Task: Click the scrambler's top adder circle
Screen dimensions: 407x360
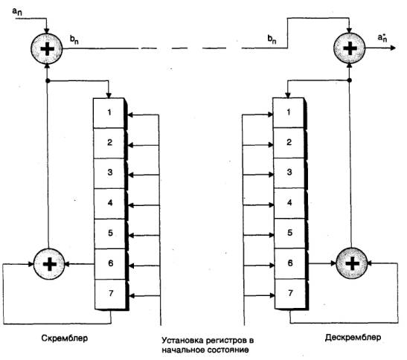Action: pyautogui.click(x=47, y=48)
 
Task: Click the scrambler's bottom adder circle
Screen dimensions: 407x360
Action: pyautogui.click(x=49, y=264)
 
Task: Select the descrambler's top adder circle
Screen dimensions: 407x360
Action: pyautogui.click(x=350, y=48)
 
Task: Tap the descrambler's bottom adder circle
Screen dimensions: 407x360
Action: pyautogui.click(x=352, y=263)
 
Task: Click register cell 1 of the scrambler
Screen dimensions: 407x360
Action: pyautogui.click(x=109, y=113)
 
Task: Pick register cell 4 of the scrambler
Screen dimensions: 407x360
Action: pyautogui.click(x=109, y=204)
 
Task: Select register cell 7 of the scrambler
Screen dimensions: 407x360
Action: pyautogui.click(x=110, y=294)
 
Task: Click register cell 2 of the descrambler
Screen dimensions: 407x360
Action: pyautogui.click(x=289, y=143)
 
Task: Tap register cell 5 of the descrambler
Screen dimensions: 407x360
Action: pyautogui.click(x=289, y=233)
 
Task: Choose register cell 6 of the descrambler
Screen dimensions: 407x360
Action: pyautogui.click(x=289, y=263)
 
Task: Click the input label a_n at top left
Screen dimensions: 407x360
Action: pyautogui.click(x=17, y=11)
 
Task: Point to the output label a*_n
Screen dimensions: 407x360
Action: pyautogui.click(x=382, y=38)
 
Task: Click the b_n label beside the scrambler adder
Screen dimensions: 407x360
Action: pyautogui.click(x=74, y=39)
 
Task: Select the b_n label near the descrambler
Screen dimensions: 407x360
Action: pyautogui.click(x=272, y=39)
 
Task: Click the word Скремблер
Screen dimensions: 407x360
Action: pyautogui.click(x=64, y=338)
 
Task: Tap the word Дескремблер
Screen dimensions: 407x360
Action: pyautogui.click(x=353, y=337)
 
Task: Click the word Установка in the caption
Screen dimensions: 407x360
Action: pyautogui.click(x=182, y=340)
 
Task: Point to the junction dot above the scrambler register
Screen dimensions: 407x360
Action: pyautogui.click(x=48, y=81)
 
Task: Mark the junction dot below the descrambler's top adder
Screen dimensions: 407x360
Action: pyautogui.click(x=350, y=80)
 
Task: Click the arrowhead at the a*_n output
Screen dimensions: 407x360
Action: pyautogui.click(x=394, y=48)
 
